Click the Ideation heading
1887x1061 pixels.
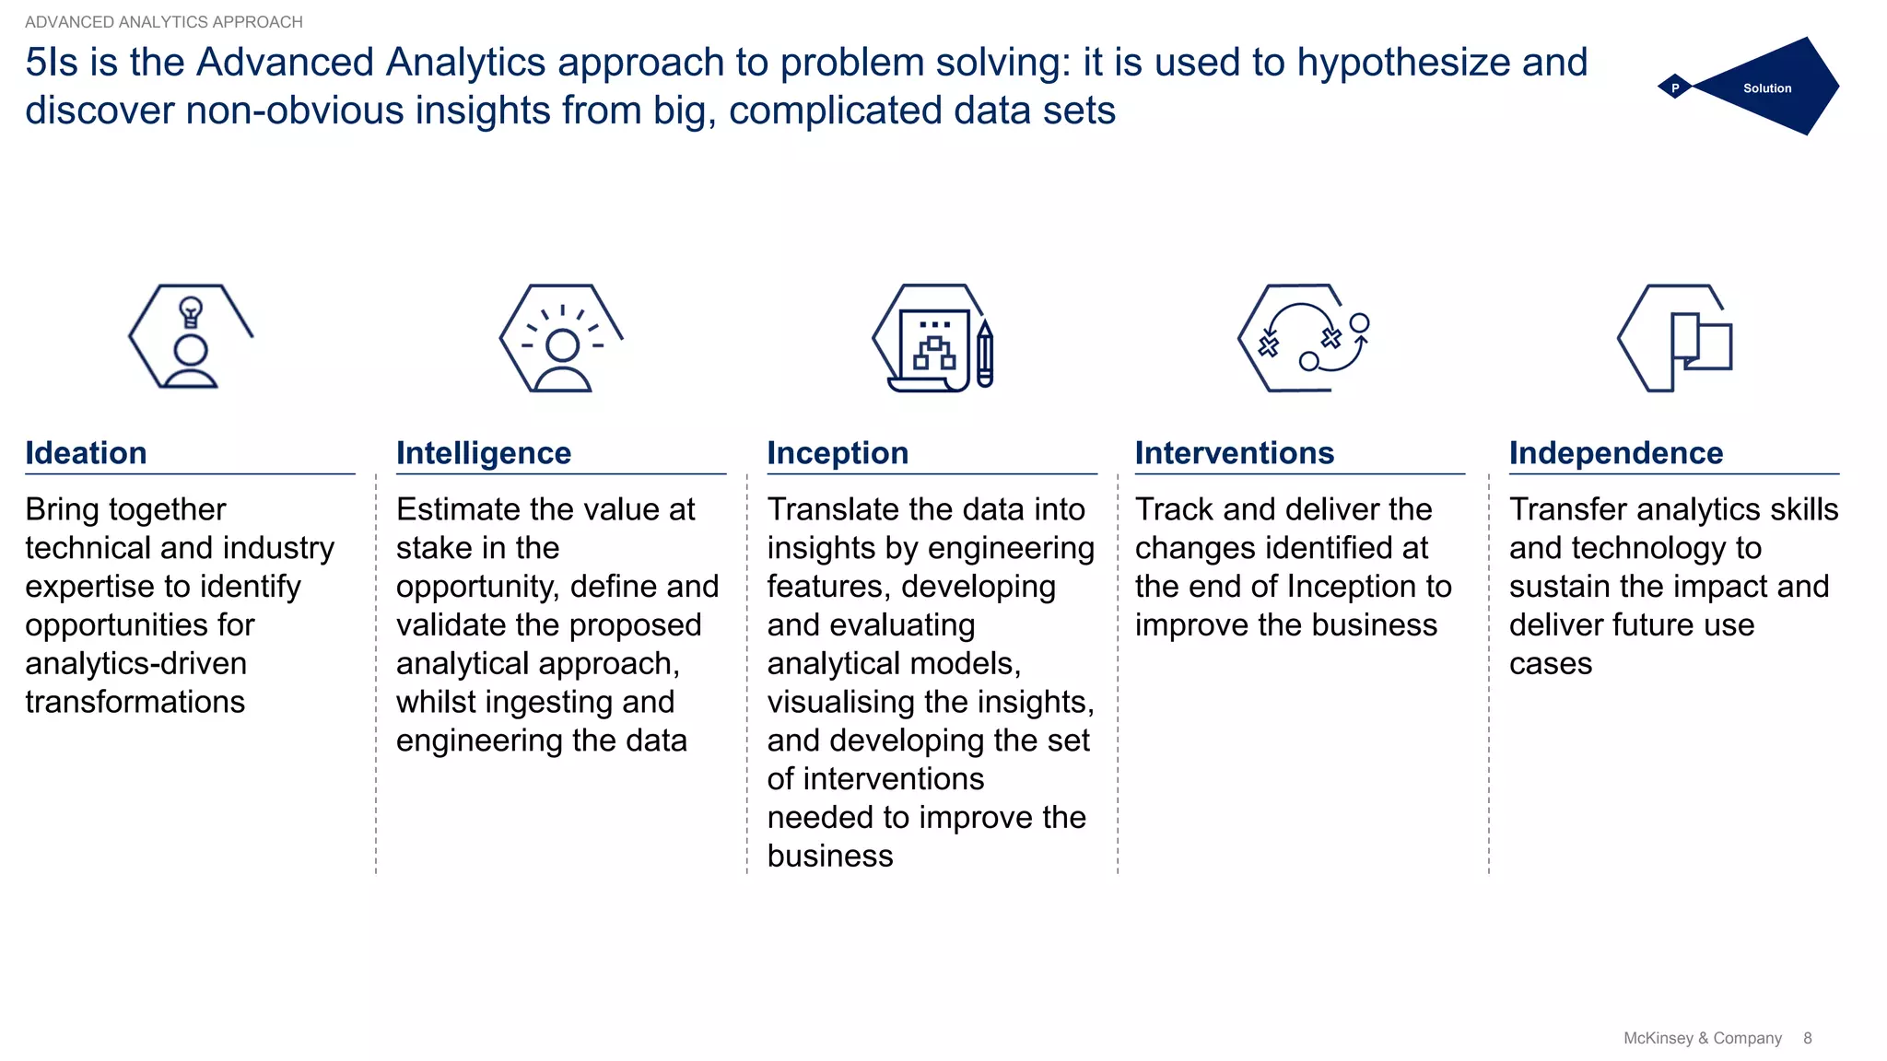(x=86, y=453)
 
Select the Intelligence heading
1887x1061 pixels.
(x=483, y=453)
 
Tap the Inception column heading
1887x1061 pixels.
(x=838, y=453)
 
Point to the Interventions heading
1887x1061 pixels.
(x=1234, y=453)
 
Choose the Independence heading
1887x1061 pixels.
(x=1615, y=453)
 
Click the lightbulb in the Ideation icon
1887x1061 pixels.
(x=191, y=311)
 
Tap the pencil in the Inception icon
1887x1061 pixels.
(x=984, y=355)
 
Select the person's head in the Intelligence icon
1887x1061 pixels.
(x=562, y=345)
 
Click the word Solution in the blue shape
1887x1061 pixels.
(x=1766, y=88)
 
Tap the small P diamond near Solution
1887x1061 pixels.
(x=1674, y=88)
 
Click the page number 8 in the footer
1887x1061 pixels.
(x=1807, y=1038)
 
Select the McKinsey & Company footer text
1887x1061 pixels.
(x=1702, y=1038)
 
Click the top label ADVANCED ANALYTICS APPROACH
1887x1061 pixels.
(x=164, y=22)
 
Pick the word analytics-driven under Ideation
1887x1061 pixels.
(x=135, y=663)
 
